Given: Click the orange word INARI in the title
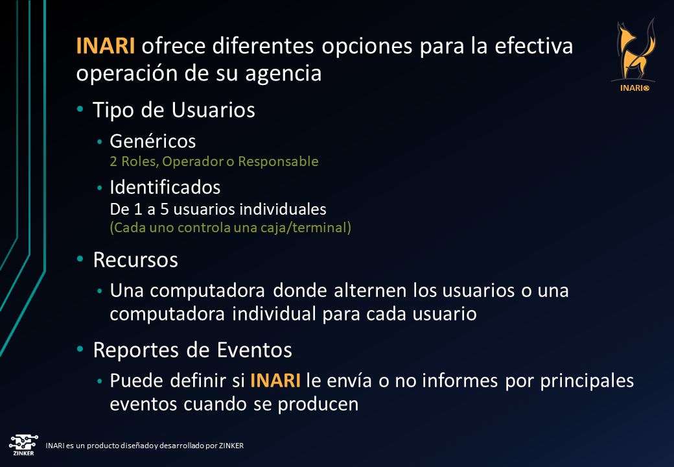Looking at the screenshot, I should (x=105, y=47).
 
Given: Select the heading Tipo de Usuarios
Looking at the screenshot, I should (x=174, y=110).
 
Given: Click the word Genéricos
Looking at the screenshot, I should (x=153, y=141).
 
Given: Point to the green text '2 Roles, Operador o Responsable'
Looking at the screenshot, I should (x=214, y=161).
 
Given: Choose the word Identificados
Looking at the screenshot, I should (x=165, y=187).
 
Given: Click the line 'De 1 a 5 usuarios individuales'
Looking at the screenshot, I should (x=218, y=210).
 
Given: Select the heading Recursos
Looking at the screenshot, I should (x=135, y=259).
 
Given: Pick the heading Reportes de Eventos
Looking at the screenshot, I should (x=192, y=350).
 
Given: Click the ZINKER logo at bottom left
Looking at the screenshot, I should (x=22, y=444).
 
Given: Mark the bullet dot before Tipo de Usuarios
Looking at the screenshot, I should (x=80, y=110).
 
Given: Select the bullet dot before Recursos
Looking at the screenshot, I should (x=80, y=259).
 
